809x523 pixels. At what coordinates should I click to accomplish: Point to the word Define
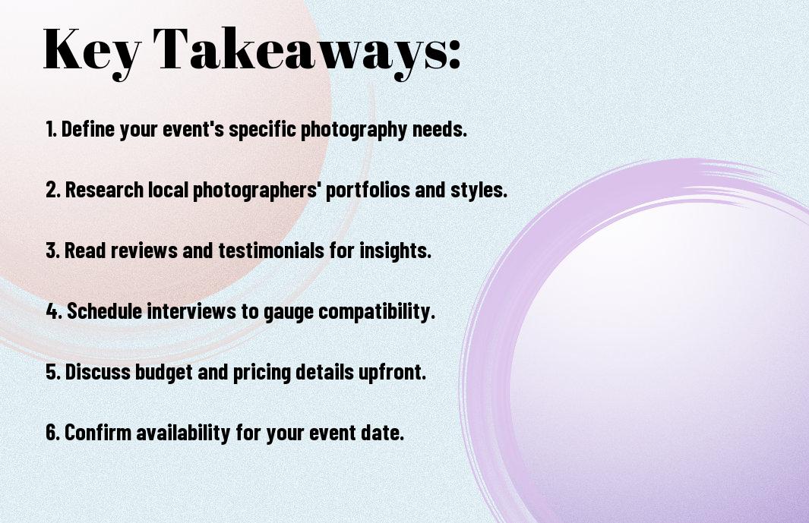(87, 129)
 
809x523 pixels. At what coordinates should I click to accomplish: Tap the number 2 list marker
(52, 190)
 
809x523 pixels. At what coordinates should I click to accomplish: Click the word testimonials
(271, 250)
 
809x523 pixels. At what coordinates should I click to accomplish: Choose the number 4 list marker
(54, 311)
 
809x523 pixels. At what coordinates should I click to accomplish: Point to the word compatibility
(377, 312)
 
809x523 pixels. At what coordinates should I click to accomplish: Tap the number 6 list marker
(52, 433)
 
